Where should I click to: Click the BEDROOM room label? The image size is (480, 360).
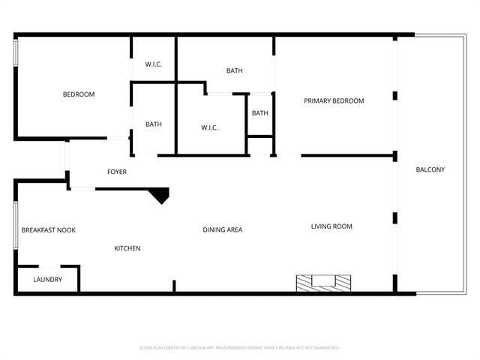click(x=79, y=94)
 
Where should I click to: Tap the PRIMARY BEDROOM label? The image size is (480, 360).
click(x=334, y=101)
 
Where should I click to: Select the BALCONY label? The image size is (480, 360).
click(x=430, y=169)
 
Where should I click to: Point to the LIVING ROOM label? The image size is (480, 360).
click(x=331, y=226)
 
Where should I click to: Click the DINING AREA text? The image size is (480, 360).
click(x=223, y=229)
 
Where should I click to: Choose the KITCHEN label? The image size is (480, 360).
click(x=127, y=248)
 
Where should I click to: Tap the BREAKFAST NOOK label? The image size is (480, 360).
click(x=48, y=230)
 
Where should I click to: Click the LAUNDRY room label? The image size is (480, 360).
click(x=47, y=280)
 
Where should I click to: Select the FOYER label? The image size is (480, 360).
click(x=116, y=172)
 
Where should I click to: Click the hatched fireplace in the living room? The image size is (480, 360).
click(x=323, y=283)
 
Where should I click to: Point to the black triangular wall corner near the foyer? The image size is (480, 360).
click(x=160, y=196)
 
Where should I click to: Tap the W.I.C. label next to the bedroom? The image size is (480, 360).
click(x=154, y=64)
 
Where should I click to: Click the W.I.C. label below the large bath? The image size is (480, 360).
click(x=209, y=128)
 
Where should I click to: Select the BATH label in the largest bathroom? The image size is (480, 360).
click(x=235, y=71)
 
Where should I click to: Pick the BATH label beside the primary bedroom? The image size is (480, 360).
click(x=260, y=113)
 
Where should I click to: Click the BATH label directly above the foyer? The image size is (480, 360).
click(x=154, y=124)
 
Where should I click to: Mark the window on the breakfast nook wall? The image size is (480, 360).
click(x=16, y=224)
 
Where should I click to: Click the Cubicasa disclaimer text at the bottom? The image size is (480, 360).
click(x=240, y=348)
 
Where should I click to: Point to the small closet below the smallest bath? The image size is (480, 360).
click(x=260, y=145)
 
